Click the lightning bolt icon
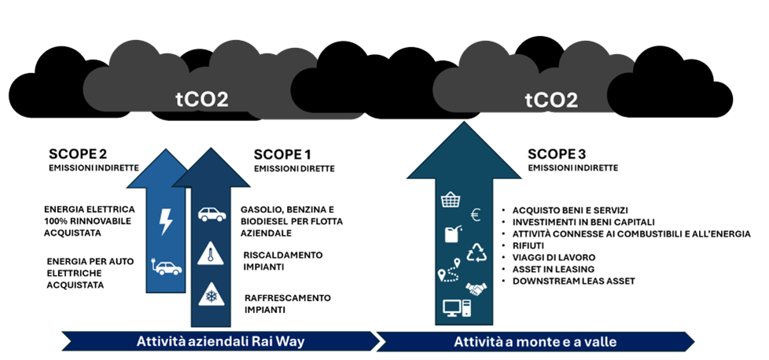166,222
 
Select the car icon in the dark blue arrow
211,214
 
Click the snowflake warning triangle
211,294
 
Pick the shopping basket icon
451,200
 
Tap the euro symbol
476,215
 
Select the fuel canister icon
451,235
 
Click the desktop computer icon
456,307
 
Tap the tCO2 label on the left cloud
201,100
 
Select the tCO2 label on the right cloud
551,100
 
